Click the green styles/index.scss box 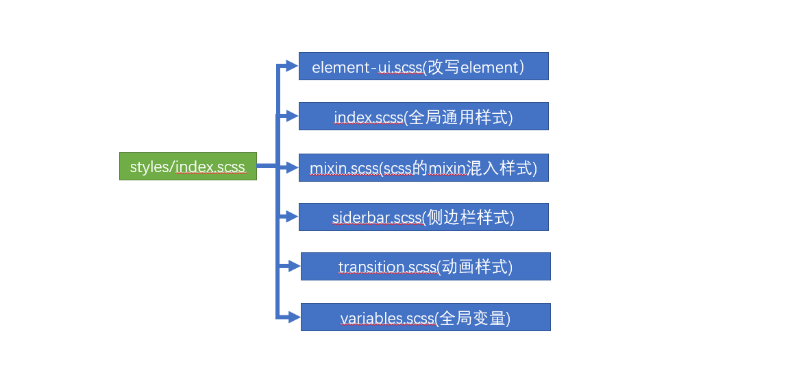click(188, 166)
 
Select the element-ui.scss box click(423, 67)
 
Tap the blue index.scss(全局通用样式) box click(423, 117)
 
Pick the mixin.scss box click(423, 167)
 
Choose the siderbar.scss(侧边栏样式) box click(423, 217)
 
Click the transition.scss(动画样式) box click(426, 266)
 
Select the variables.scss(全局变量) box click(426, 317)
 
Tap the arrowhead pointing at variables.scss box click(293, 317)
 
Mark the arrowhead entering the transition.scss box click(293, 266)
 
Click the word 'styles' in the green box click(149, 167)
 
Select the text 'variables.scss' click(387, 318)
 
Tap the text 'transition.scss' click(387, 267)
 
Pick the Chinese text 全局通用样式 click(458, 117)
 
